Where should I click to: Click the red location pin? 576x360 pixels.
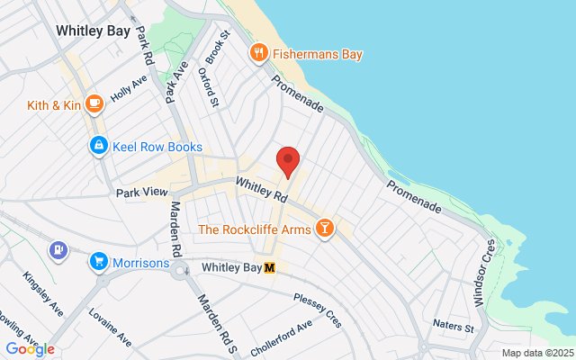coord(288,161)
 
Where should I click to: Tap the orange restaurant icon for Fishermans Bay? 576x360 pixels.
coord(260,54)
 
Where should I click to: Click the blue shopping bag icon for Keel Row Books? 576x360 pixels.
coord(97,146)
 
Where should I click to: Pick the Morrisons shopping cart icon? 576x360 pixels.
coord(98,262)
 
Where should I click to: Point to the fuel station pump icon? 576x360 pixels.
coord(58,248)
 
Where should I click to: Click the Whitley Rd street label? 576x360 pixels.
coord(262,188)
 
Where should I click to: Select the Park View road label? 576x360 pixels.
coord(142,193)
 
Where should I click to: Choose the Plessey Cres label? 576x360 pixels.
coord(318,298)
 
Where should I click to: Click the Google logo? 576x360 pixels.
coord(30,349)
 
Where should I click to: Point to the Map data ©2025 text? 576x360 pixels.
coord(536,353)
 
